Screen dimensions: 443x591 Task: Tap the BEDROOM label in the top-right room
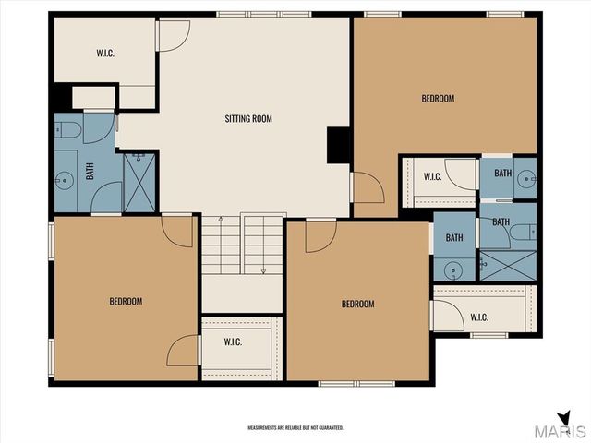click(x=438, y=98)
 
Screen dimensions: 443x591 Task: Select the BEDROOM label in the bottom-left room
click(x=126, y=301)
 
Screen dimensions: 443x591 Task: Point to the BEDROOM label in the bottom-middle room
click(x=357, y=305)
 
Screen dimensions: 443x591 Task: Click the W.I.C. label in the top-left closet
click(x=105, y=53)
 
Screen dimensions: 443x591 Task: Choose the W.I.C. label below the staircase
click(x=232, y=341)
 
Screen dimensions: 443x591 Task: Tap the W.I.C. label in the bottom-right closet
click(x=478, y=317)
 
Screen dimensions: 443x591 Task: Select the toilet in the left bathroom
click(x=67, y=130)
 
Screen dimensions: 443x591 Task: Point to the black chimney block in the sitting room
click(x=338, y=144)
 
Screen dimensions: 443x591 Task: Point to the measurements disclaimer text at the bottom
click(x=295, y=428)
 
